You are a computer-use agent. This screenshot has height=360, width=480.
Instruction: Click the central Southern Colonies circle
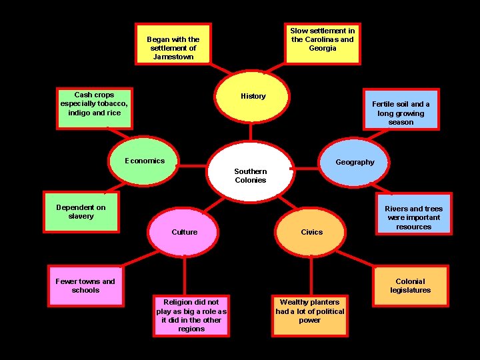click(250, 171)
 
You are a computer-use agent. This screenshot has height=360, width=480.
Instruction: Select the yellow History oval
click(253, 97)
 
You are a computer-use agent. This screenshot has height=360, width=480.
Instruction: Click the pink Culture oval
click(184, 232)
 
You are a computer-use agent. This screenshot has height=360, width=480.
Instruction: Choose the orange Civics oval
click(311, 232)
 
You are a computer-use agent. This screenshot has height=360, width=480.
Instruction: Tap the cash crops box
click(94, 106)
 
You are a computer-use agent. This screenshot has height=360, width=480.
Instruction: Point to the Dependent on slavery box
click(81, 212)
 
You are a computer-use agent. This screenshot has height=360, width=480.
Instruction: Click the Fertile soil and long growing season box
click(401, 109)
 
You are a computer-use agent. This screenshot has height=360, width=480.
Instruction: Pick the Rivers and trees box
click(413, 214)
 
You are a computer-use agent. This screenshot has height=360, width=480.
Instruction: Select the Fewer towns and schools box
click(85, 286)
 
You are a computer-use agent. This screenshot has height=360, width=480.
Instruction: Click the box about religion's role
click(191, 315)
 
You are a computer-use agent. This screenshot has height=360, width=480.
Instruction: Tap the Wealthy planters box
click(310, 315)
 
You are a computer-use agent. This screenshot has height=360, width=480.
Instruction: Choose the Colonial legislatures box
click(410, 286)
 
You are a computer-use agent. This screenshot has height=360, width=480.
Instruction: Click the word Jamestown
click(173, 57)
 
